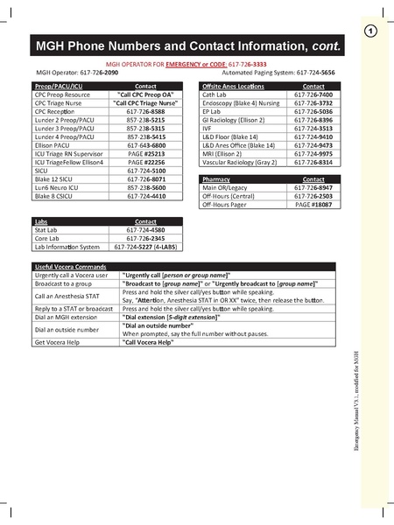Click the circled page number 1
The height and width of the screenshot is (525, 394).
(369, 32)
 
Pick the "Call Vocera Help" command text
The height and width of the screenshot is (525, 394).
(154, 343)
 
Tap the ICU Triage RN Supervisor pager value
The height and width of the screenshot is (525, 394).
(146, 153)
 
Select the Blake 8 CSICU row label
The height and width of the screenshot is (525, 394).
(58, 196)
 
